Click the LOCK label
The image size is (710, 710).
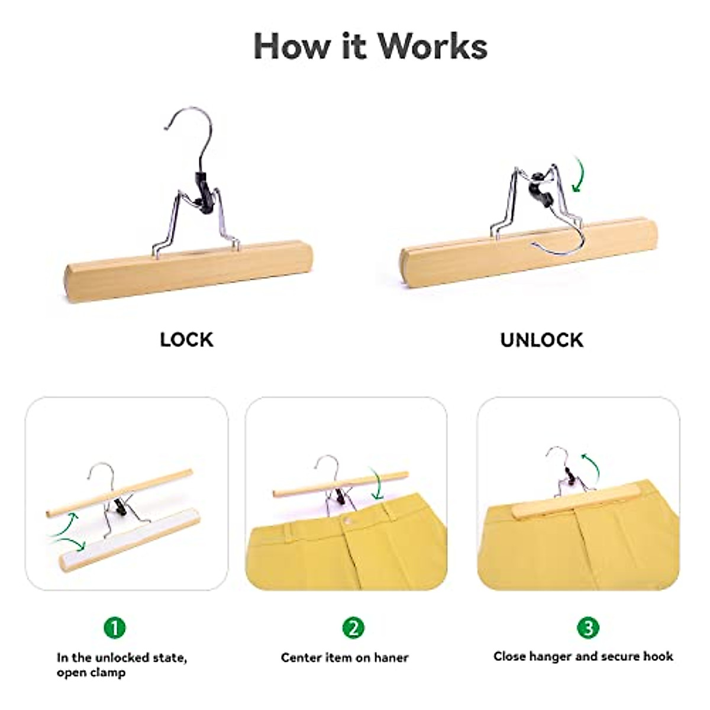[x=186, y=340]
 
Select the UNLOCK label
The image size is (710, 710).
[x=541, y=340]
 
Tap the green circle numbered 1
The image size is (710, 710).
[x=115, y=627]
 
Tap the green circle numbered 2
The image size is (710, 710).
[x=354, y=627]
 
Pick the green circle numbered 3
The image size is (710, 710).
[x=588, y=627]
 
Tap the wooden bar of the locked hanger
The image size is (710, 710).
[x=189, y=270]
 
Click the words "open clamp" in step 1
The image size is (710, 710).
[x=91, y=673]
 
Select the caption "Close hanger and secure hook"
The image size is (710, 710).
[x=583, y=656]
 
